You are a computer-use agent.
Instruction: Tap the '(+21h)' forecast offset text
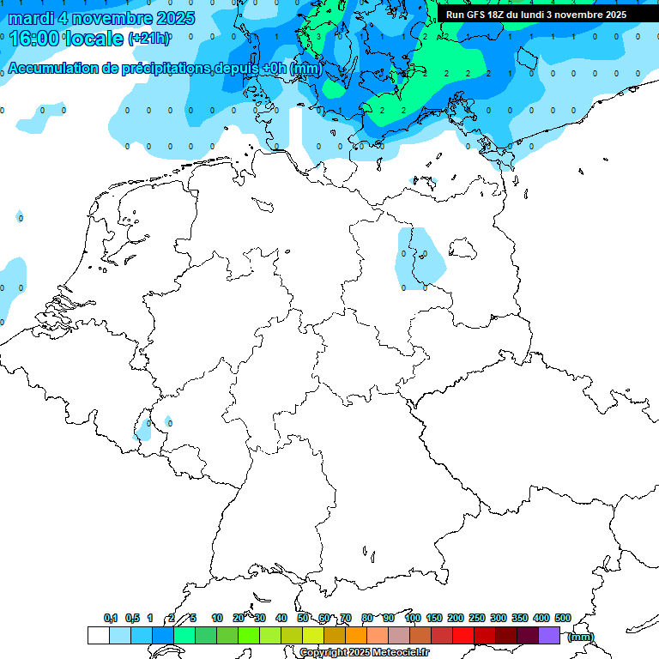(148, 39)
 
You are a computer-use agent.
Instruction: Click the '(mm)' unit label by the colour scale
(581, 636)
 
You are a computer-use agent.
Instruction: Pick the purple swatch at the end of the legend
(549, 635)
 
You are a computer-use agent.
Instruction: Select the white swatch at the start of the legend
(99, 635)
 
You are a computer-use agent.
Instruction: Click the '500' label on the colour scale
(563, 618)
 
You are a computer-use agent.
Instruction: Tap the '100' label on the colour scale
(413, 618)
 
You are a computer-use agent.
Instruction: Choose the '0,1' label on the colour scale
(111, 618)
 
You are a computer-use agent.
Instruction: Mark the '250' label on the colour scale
(477, 618)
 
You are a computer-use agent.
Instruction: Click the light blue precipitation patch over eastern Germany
(421, 257)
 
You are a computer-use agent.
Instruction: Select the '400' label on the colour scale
(541, 618)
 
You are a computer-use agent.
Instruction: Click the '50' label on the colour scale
(303, 618)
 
